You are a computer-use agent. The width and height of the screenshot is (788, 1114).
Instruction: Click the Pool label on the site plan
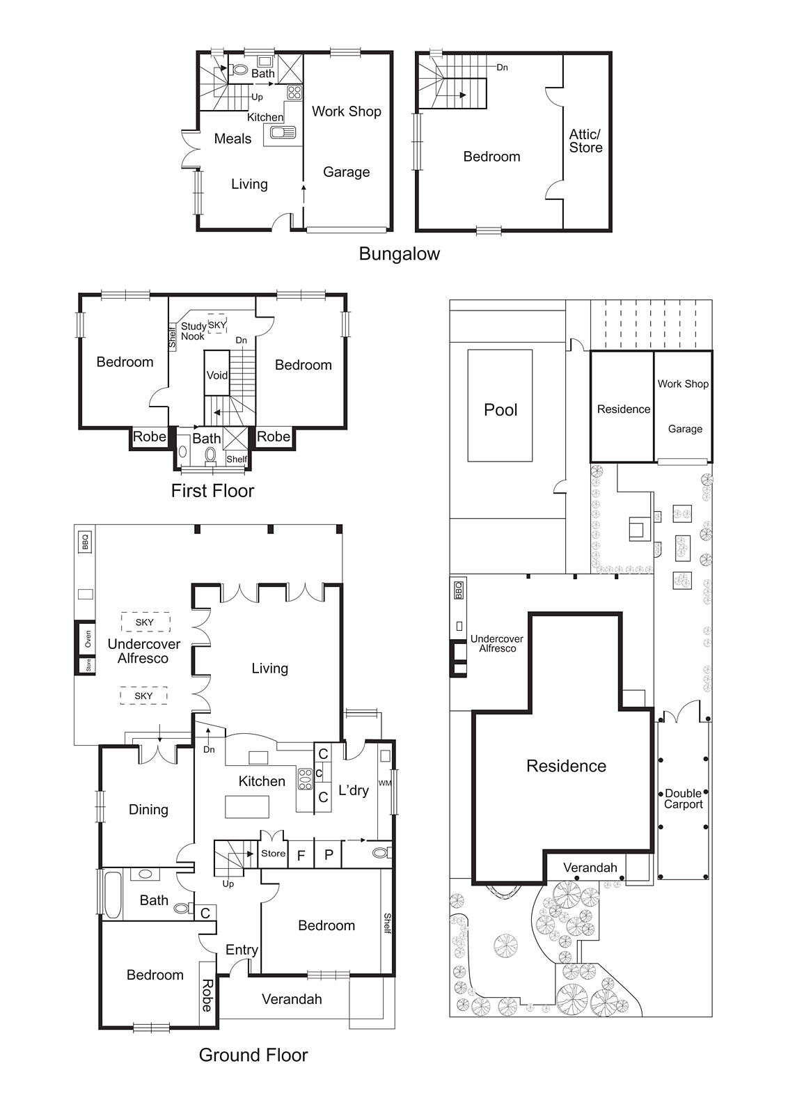point(501,409)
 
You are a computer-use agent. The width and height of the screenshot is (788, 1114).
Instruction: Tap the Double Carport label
point(683,799)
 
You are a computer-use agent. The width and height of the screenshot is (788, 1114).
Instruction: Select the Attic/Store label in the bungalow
point(585,141)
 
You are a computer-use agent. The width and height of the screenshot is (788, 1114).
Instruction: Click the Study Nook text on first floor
point(194,331)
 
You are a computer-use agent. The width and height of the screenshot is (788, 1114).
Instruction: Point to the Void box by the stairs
point(216,375)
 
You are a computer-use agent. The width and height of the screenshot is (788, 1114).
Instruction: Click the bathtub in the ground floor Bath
point(112,894)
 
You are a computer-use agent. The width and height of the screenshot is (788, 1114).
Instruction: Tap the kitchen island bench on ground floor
point(247,806)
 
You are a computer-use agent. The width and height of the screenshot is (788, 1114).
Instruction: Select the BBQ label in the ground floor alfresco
point(85,541)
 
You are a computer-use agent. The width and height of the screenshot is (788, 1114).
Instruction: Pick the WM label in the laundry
point(385,783)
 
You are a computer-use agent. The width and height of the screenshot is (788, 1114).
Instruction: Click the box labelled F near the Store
point(301,855)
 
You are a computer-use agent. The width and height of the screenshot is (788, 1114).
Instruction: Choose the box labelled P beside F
point(329,855)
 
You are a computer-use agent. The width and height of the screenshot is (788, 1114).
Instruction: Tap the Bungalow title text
point(399,253)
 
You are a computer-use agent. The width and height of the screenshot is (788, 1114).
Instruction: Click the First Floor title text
point(212,490)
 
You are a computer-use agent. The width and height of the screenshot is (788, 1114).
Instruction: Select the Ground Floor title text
point(253,1055)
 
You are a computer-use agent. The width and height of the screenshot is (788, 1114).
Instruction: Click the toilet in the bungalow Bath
point(239,70)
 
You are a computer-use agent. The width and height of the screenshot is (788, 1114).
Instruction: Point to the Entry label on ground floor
point(242,950)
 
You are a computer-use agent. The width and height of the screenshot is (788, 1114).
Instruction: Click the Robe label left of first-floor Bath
point(150,437)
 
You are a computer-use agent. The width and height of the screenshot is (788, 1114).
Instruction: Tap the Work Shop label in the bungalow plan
point(346,111)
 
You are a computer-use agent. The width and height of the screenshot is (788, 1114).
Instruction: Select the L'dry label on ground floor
point(353,790)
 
